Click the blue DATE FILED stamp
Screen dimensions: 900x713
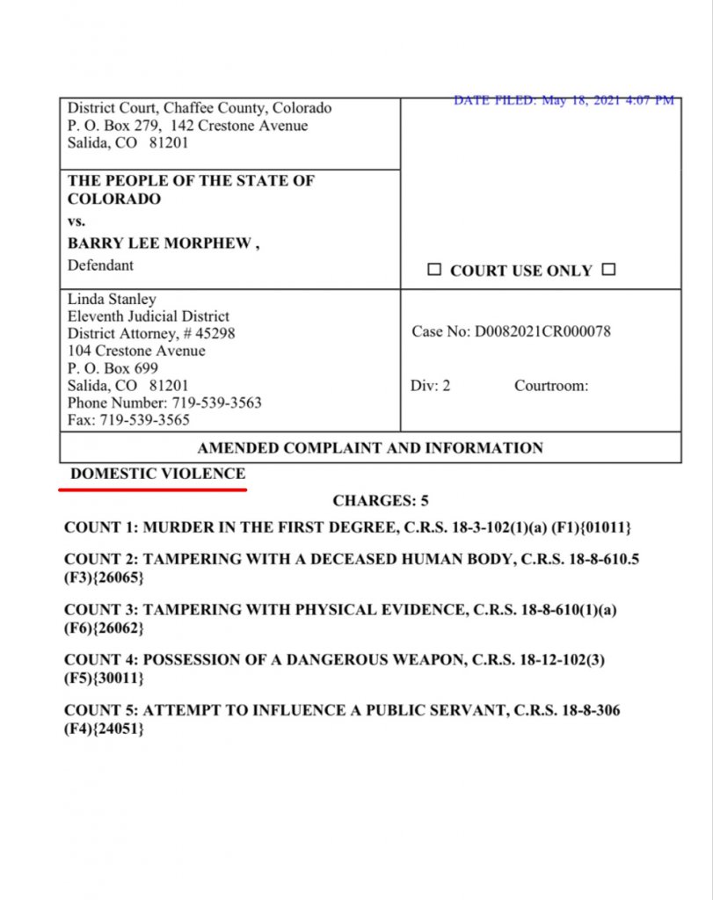click(564, 100)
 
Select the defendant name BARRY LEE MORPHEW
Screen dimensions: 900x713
click(163, 244)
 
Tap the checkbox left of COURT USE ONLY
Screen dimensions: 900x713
click(434, 270)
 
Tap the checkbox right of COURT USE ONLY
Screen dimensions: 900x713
click(608, 270)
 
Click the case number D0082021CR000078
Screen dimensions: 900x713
click(542, 331)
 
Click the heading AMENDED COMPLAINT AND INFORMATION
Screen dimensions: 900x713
click(370, 447)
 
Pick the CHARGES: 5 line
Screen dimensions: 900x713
click(380, 501)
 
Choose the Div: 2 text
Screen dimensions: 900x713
click(430, 386)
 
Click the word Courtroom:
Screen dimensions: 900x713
click(551, 386)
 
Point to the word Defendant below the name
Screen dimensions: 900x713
click(101, 265)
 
